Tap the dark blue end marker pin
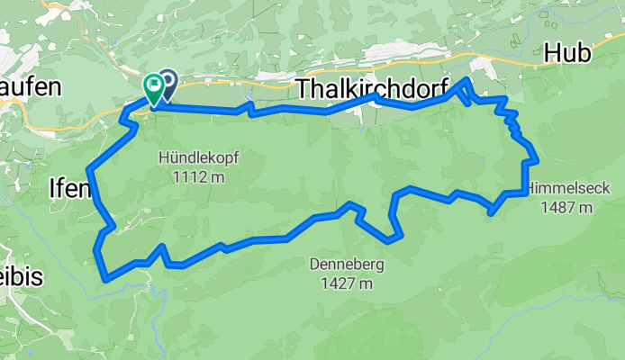point(168,84)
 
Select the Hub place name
point(568,54)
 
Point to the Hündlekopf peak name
point(199,157)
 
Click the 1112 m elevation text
point(199,176)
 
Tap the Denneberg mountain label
point(347,265)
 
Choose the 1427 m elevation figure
point(347,284)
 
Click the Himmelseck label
point(568,189)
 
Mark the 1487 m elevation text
point(568,209)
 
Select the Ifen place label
point(68,189)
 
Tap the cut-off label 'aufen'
point(30,87)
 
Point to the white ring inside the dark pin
point(168,82)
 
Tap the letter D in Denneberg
point(313,265)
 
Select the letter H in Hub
point(554,54)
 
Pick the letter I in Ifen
point(51,189)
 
